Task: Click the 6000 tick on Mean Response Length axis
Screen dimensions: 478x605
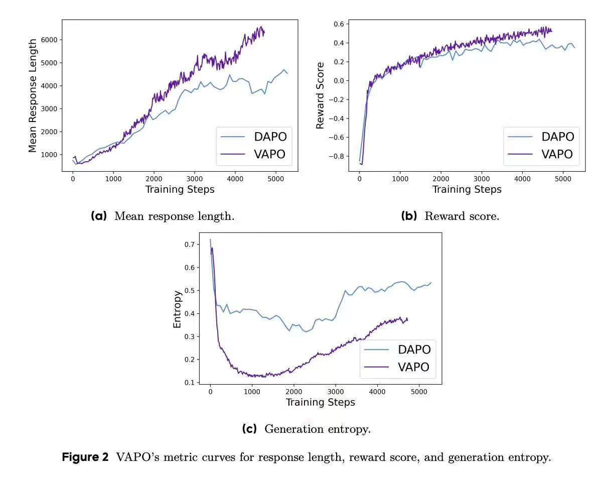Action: (x=49, y=40)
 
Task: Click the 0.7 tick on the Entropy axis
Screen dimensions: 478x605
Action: (x=188, y=245)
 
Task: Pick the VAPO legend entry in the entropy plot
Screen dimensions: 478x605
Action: (x=413, y=367)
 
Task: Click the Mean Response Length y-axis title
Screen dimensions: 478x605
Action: (x=33, y=95)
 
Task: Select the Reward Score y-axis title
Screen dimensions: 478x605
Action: (x=320, y=95)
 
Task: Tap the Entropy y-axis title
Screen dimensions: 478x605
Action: (x=177, y=309)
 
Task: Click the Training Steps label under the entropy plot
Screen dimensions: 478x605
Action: (x=320, y=402)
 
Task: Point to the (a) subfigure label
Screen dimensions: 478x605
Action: (x=99, y=216)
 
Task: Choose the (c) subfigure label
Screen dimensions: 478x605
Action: (x=249, y=429)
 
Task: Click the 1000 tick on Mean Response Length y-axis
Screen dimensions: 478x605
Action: (x=49, y=155)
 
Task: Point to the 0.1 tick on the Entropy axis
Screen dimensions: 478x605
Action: (x=188, y=383)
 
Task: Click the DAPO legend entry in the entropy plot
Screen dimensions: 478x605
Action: (x=414, y=349)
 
